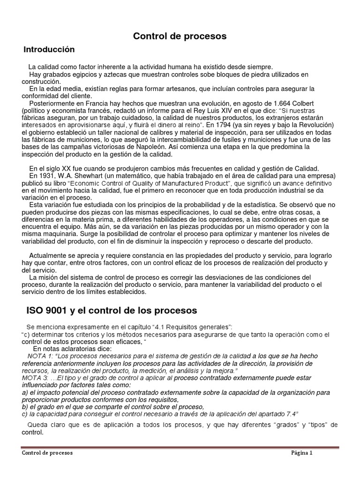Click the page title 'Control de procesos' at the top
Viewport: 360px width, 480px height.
180,36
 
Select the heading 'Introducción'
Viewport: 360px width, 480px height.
49,49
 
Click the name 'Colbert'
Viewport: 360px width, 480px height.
301,103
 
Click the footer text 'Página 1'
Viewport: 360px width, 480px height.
301,453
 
